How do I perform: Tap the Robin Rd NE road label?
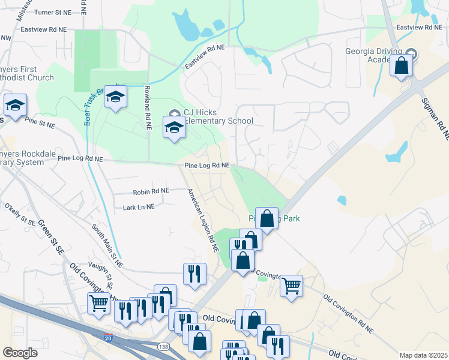pos(151,191)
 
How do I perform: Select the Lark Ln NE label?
pos(139,206)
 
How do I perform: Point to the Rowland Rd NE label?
pos(146,107)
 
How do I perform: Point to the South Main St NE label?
pos(107,246)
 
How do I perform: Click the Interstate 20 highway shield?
pos(108,338)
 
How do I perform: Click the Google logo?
pos(20,353)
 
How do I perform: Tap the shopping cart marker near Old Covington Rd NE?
pos(291,286)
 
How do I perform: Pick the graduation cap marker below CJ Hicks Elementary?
pos(174,128)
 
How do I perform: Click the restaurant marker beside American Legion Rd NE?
pos(194,274)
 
